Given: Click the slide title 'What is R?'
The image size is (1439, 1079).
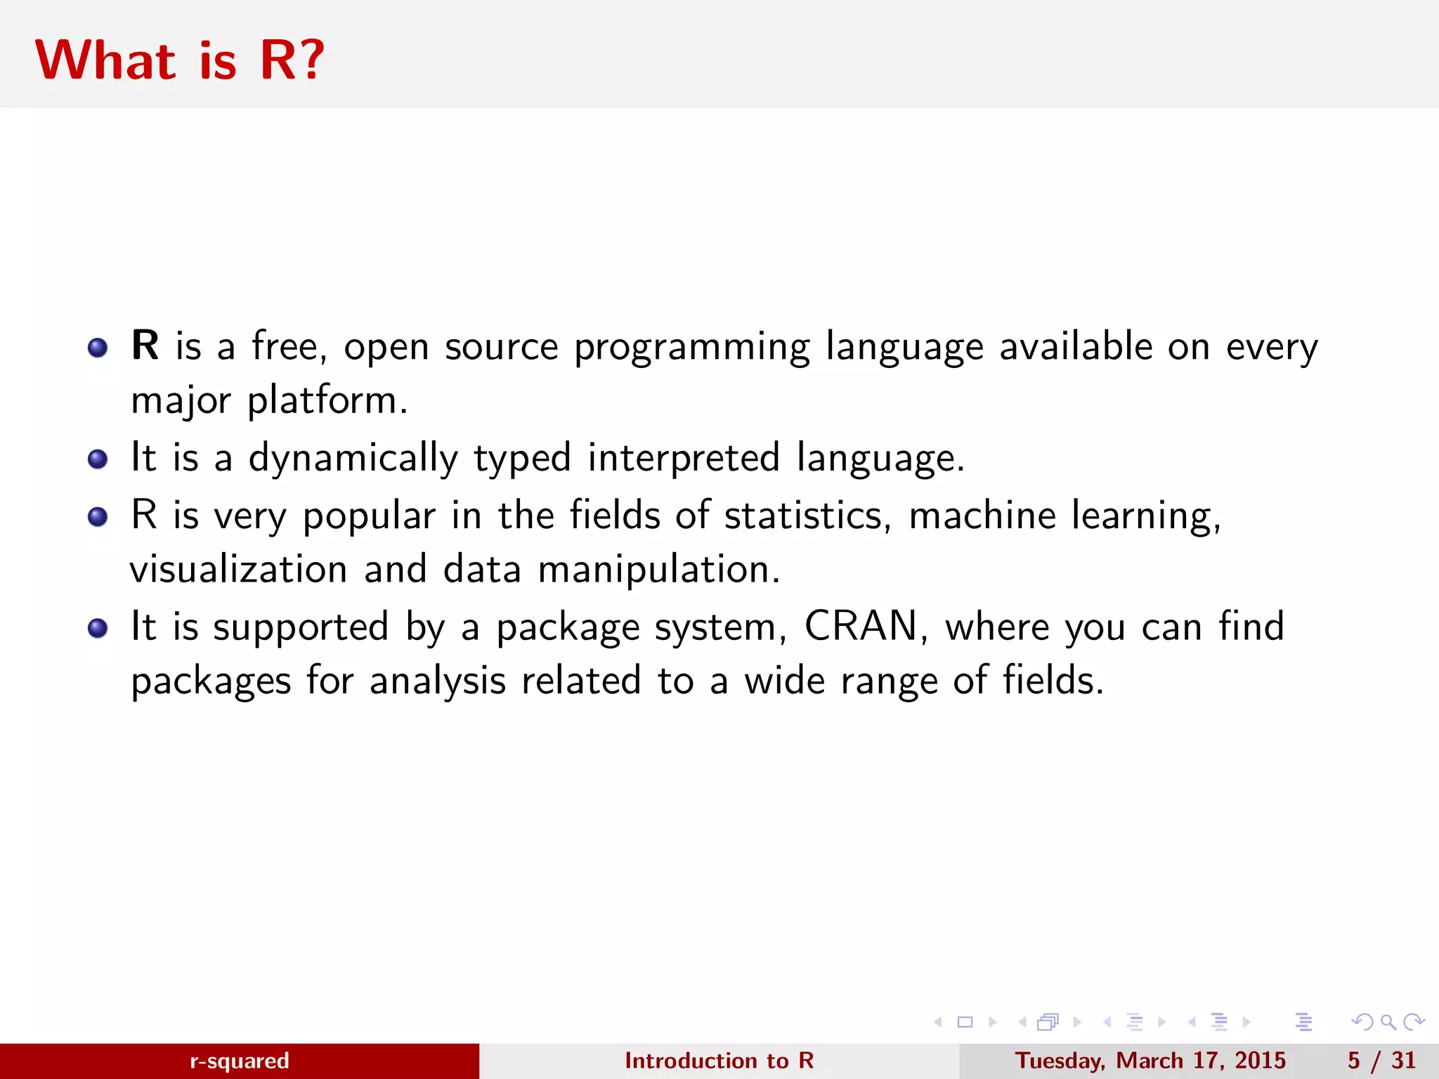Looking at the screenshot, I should point(180,60).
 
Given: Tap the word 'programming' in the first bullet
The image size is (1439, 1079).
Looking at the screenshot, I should point(691,348).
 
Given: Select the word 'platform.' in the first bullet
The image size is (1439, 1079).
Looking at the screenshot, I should point(327,400).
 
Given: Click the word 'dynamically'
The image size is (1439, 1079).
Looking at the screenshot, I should point(353,459).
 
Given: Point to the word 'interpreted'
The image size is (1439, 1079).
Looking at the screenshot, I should point(684,459).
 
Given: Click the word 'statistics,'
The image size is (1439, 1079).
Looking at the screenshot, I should point(808,515).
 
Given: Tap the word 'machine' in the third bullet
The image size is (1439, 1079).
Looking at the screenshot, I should point(982,515).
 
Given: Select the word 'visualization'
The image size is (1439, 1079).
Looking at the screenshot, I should point(239,569).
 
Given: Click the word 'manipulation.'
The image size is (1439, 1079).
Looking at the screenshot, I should point(659,569).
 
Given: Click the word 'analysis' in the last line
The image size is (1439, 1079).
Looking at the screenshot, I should point(438,681).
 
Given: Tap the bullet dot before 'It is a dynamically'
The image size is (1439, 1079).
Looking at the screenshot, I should point(98,459).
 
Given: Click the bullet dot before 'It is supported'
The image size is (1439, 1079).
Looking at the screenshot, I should point(98,628).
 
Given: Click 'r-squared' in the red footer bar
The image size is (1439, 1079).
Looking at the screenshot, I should point(240,1061).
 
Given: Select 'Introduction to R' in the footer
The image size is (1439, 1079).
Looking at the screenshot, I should point(719,1061).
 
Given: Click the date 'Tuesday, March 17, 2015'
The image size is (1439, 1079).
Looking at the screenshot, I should point(1150,1061).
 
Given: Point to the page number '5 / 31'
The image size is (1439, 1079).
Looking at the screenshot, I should point(1381,1061).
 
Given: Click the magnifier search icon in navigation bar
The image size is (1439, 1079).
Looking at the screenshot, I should point(1388,1022).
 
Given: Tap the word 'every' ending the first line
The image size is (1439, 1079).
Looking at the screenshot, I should point(1272,348).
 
